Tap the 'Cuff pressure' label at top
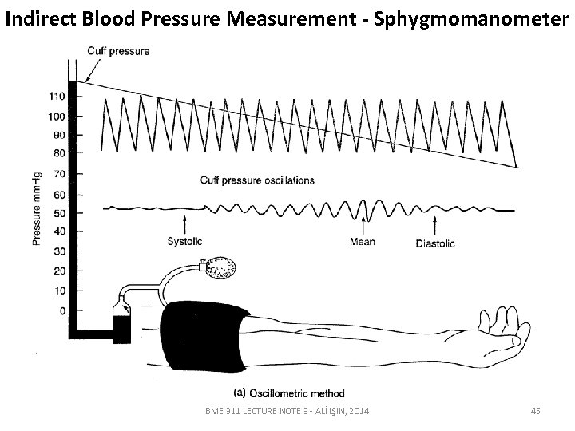point(117,52)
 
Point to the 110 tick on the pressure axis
point(56,97)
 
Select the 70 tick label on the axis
point(57,174)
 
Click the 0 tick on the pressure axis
point(63,310)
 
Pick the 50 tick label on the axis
point(57,213)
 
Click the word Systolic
point(185,241)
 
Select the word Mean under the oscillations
point(363,241)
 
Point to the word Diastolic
point(436,243)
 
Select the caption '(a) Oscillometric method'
point(287,392)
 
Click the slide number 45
point(535,410)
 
